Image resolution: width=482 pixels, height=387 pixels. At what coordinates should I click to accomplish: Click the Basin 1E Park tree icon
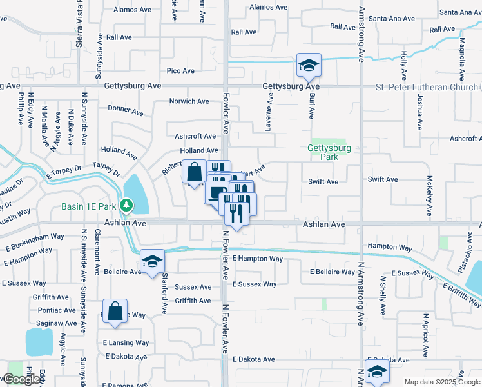[128, 206]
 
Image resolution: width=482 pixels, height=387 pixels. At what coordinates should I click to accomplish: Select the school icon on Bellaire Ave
[152, 261]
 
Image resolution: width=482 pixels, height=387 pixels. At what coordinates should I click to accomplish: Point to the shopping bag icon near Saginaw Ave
[115, 312]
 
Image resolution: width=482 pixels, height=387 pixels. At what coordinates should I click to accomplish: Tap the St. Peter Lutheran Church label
[428, 86]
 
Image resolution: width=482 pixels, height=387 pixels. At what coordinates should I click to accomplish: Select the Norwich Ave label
[189, 101]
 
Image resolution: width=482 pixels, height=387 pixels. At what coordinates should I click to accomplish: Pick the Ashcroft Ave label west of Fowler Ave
[195, 136]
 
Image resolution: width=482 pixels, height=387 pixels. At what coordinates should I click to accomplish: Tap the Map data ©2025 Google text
[442, 382]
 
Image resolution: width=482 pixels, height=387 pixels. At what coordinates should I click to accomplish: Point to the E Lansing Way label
[126, 343]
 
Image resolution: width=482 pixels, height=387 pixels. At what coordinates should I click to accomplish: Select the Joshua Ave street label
[419, 111]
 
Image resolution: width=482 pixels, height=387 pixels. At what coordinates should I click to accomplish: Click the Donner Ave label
[126, 110]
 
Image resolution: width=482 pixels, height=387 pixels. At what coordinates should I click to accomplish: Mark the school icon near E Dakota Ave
[376, 371]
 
